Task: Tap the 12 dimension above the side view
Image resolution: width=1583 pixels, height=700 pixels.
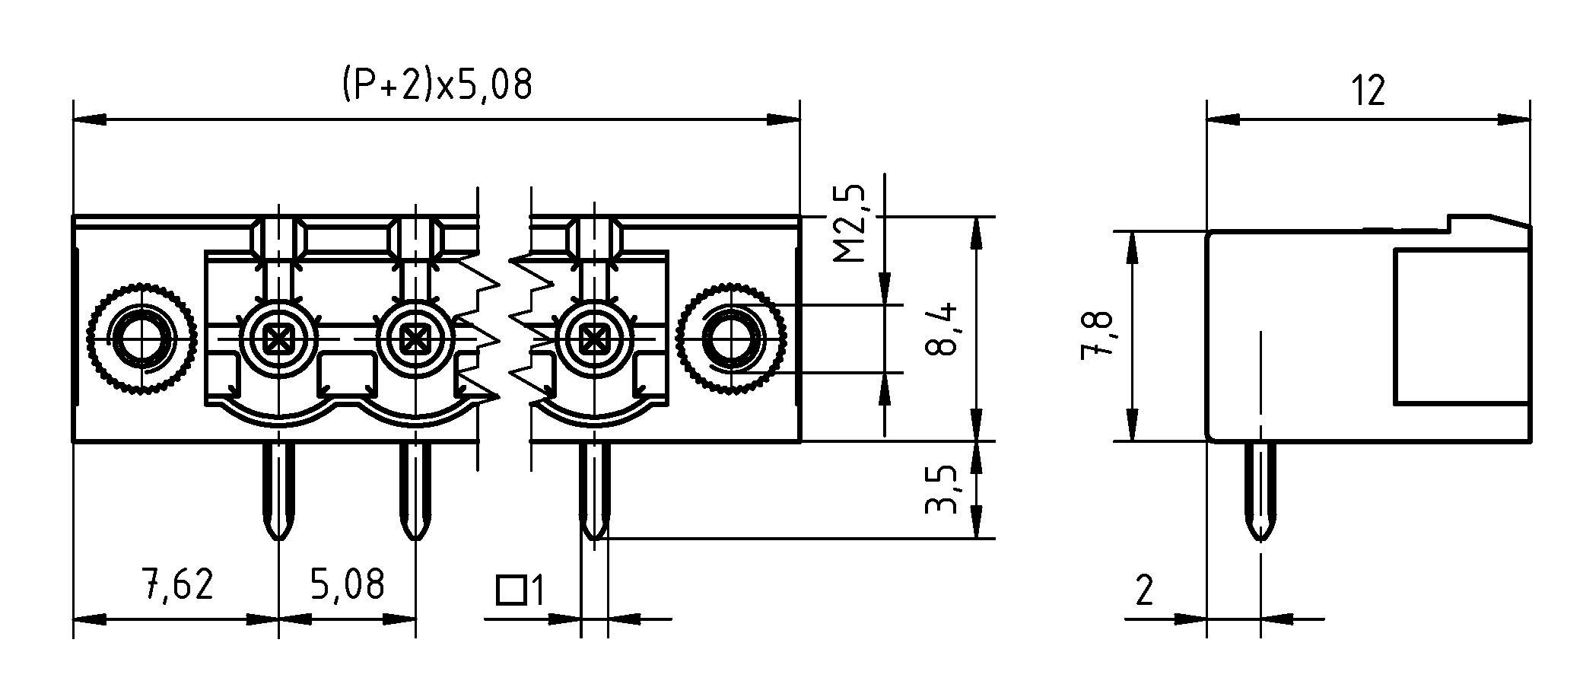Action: (1368, 92)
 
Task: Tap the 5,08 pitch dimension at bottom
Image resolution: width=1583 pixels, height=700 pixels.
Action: (348, 584)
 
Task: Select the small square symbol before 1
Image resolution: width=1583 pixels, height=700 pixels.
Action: (511, 590)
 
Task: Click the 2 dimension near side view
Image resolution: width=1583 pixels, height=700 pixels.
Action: (1144, 591)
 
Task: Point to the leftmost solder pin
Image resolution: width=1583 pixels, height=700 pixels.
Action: (278, 491)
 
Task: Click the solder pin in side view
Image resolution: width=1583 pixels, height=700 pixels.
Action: (1260, 491)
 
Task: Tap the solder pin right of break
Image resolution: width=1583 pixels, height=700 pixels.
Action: (593, 491)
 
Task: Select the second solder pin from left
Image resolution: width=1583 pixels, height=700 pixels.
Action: (415, 491)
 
